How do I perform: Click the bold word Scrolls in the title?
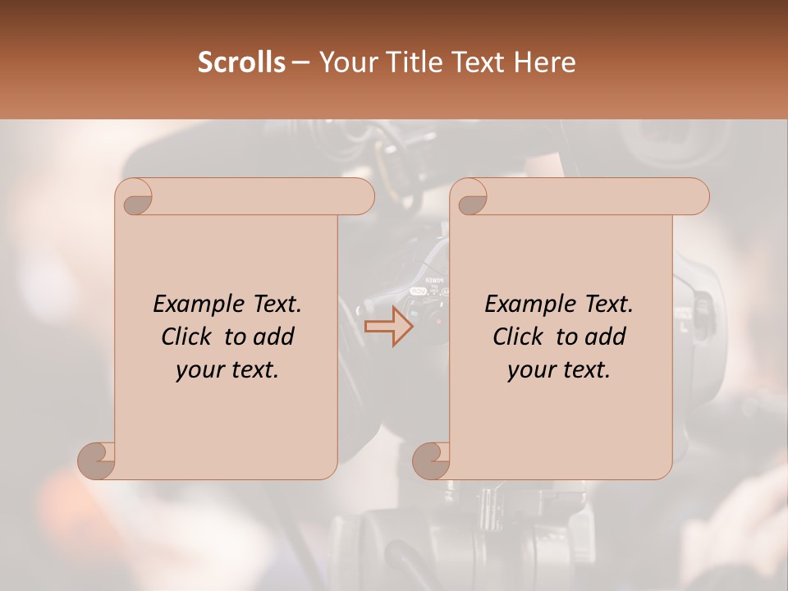coord(241,62)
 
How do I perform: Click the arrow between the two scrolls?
coord(389,326)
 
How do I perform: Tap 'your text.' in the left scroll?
coord(227,369)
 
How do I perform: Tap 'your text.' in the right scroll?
coord(559,369)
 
